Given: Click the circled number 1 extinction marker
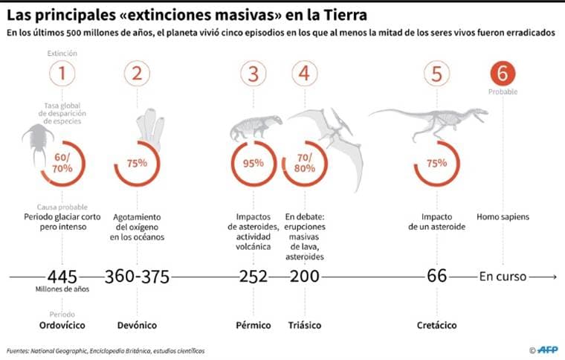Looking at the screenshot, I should click(x=62, y=74).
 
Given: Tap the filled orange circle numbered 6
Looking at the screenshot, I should click(x=503, y=74).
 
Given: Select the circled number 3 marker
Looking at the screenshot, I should click(x=254, y=74).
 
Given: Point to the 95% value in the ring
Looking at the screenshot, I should click(x=254, y=164).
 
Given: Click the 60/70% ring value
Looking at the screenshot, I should click(x=62, y=164).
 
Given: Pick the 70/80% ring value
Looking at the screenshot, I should click(x=304, y=164).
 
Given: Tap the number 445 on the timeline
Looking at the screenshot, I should click(x=62, y=276).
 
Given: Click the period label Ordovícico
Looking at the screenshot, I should click(x=62, y=325).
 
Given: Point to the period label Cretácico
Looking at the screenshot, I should click(x=436, y=325).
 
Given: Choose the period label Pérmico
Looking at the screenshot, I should click(x=254, y=325).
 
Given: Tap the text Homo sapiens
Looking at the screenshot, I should click(x=503, y=217).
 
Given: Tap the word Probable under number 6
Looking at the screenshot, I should click(x=503, y=92).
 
